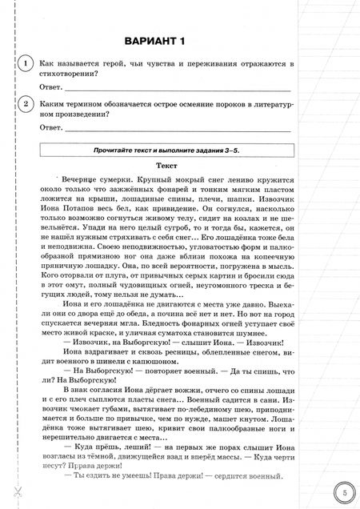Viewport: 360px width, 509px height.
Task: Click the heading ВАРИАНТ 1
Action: [x=167, y=40]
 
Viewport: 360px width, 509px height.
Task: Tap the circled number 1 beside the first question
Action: [x=26, y=64]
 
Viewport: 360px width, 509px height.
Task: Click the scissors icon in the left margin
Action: [x=14, y=489]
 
